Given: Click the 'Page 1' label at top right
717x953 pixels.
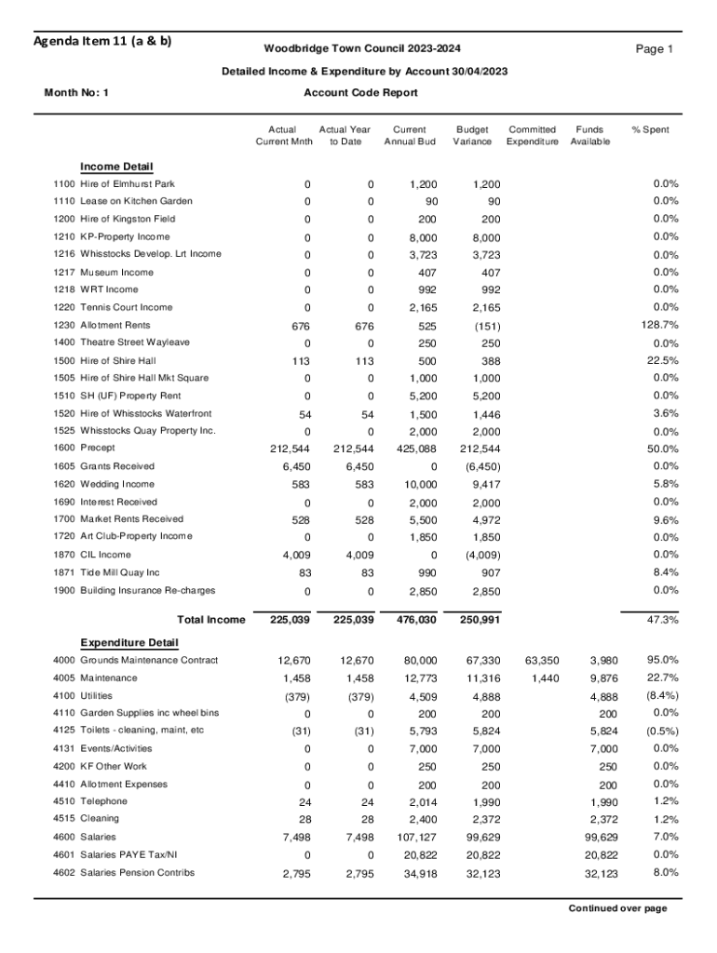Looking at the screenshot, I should pos(654,49).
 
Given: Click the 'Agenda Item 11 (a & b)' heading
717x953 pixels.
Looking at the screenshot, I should pos(102,41).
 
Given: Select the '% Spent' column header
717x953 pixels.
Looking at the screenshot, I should pos(650,130).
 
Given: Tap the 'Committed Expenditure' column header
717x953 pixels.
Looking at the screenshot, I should pos(533,136).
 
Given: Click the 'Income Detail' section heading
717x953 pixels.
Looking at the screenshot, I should pos(116,167).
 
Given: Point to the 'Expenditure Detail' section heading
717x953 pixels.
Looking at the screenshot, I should pos(129,643).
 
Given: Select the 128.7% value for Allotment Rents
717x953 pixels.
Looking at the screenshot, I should pos(657,325).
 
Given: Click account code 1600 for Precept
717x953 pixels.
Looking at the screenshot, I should pos(64,449).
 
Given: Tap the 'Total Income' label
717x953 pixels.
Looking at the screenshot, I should pos(210,620).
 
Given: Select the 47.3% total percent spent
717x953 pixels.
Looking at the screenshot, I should pos(661,620).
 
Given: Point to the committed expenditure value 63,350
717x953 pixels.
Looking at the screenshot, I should pos(542,661).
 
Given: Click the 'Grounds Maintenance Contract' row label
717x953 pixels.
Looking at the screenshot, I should pos(149,661).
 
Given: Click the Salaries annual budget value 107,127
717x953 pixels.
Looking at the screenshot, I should pos(413,837).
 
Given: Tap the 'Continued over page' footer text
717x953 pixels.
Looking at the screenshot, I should pos(618,909).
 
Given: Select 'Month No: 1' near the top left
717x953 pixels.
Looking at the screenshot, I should pos(76,93).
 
